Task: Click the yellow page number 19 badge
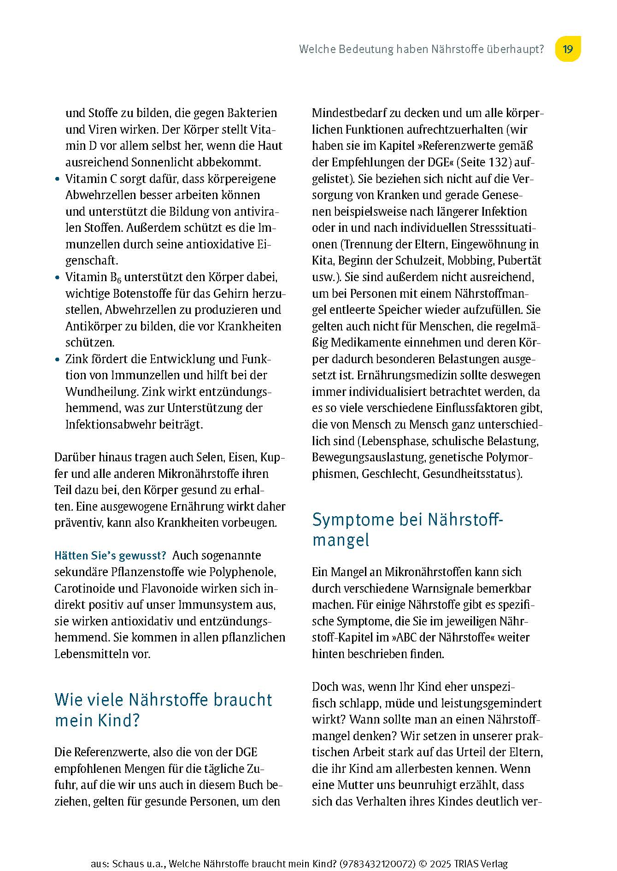click(x=567, y=49)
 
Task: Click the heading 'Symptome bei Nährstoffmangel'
click(x=408, y=530)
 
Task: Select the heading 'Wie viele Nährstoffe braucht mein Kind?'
click(x=163, y=710)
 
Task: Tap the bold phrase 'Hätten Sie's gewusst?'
click(x=110, y=555)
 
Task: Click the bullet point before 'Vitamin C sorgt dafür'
click(x=57, y=179)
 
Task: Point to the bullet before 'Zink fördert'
click(x=57, y=359)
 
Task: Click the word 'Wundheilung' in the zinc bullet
click(x=101, y=392)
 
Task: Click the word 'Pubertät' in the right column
click(x=520, y=260)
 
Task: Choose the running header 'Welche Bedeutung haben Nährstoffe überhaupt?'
click(x=422, y=49)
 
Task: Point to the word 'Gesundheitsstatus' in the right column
click(x=470, y=474)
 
